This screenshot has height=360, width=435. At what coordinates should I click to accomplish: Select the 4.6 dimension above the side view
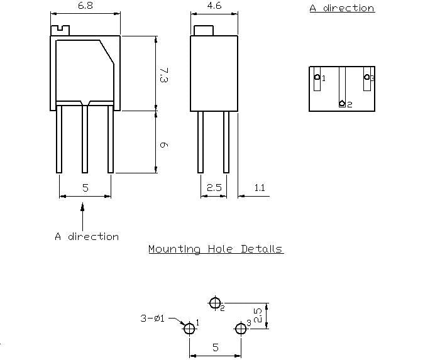(214, 6)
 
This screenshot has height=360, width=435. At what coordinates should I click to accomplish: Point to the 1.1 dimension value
(259, 188)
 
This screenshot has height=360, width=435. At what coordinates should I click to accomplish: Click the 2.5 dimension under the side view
(214, 188)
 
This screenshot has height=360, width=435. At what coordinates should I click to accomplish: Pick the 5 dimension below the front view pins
(85, 188)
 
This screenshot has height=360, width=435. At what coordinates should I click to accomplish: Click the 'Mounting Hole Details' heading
(216, 249)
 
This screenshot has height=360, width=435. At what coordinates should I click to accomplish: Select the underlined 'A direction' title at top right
(341, 8)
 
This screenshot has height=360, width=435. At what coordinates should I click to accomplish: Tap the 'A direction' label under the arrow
(86, 237)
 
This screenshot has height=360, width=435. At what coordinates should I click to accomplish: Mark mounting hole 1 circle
(189, 329)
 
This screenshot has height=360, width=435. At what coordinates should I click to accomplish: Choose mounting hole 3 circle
(240, 329)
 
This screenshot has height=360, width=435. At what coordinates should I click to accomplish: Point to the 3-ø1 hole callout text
(152, 318)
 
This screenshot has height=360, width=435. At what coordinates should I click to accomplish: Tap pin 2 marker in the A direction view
(342, 103)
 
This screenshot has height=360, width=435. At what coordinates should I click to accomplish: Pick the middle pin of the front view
(85, 138)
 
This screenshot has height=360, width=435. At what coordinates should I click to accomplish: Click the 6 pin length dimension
(163, 145)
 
